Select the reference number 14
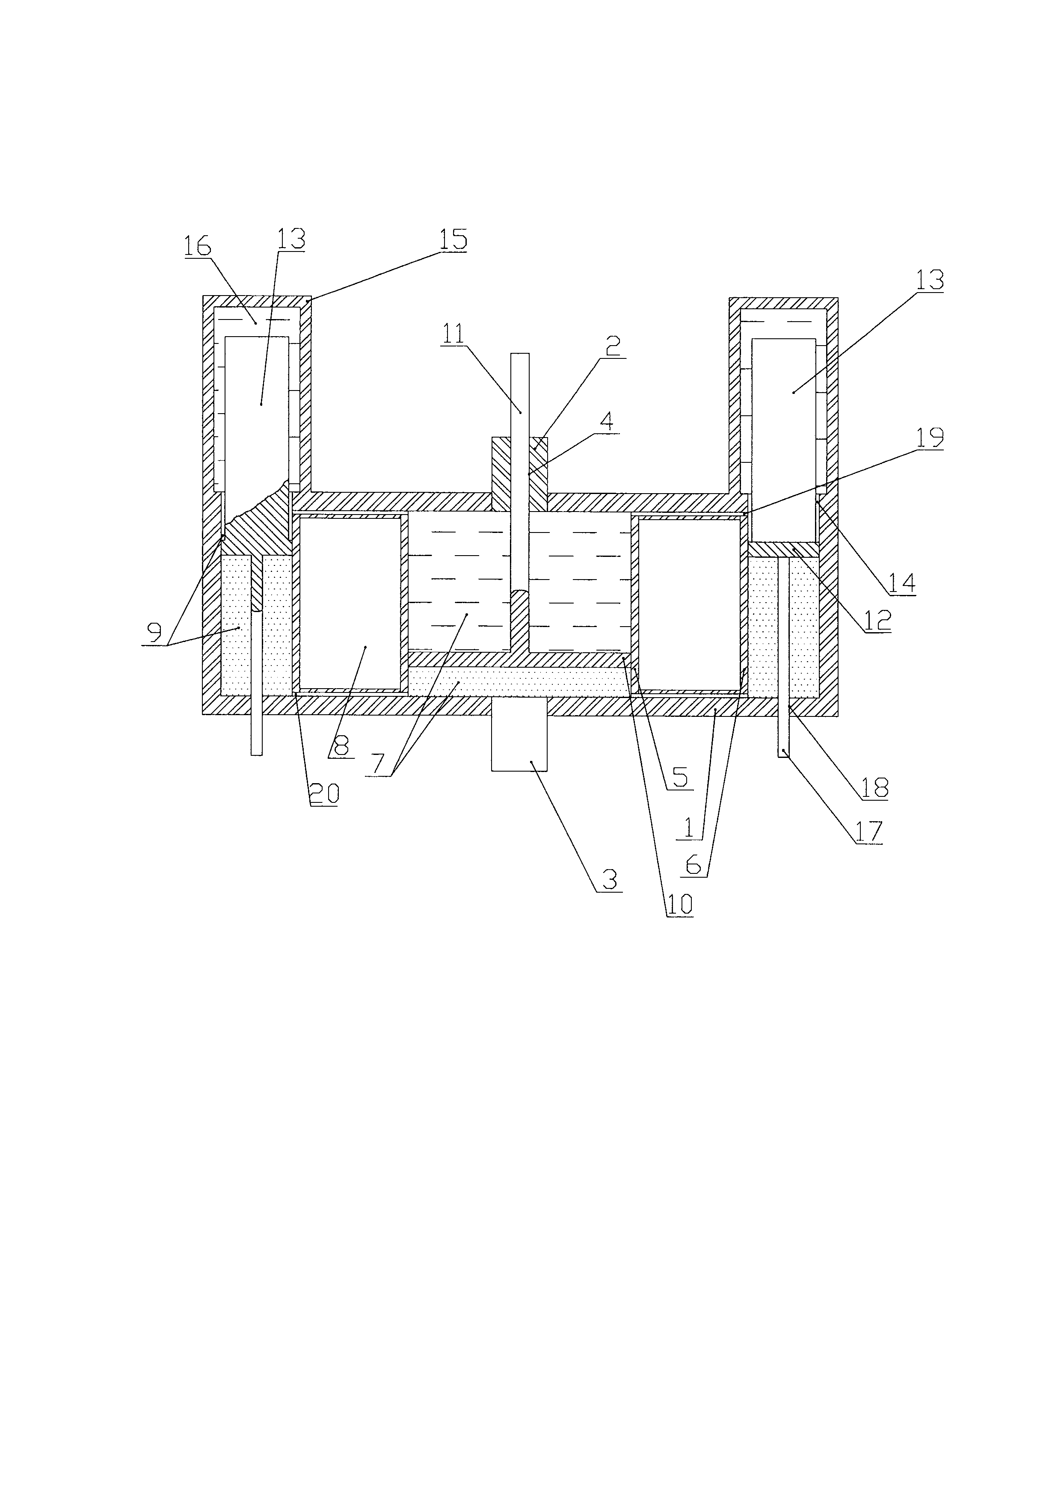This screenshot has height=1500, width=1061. click(x=903, y=583)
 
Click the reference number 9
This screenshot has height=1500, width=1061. click(x=154, y=633)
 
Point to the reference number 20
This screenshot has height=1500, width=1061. click(x=324, y=794)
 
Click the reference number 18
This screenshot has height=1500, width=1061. click(x=875, y=789)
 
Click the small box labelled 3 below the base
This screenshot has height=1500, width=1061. click(x=519, y=734)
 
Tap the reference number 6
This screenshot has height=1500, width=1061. click(x=693, y=865)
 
